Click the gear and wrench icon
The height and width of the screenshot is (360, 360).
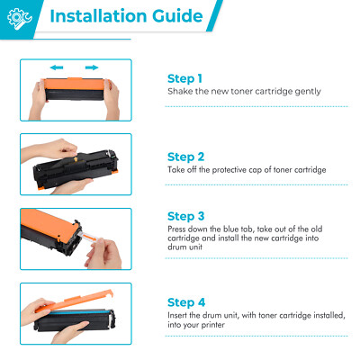(19, 19)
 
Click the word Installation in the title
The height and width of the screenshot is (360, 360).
(98, 16)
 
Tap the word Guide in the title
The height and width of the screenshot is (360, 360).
(177, 16)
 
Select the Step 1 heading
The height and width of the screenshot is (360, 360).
(184, 78)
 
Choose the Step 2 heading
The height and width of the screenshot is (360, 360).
(185, 157)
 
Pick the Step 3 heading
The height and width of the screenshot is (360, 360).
(185, 216)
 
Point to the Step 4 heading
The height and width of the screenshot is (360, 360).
(186, 302)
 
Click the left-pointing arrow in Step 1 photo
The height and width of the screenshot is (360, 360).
(57, 67)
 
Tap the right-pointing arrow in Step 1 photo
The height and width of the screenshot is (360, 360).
(92, 67)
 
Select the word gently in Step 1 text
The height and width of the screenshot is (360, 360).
(308, 92)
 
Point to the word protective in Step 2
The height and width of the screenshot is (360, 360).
(229, 170)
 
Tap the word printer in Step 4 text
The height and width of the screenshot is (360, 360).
(212, 325)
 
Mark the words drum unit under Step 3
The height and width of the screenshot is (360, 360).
(184, 247)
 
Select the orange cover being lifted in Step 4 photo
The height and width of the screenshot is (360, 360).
(75, 300)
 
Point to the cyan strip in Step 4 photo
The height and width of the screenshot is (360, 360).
(76, 312)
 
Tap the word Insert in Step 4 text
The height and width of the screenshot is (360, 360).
(177, 315)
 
